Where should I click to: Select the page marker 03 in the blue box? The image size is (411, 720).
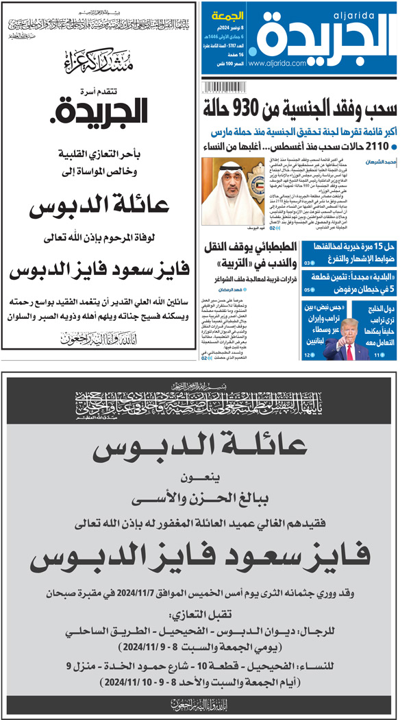(308, 261)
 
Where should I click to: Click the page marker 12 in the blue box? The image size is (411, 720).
(309, 355)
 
